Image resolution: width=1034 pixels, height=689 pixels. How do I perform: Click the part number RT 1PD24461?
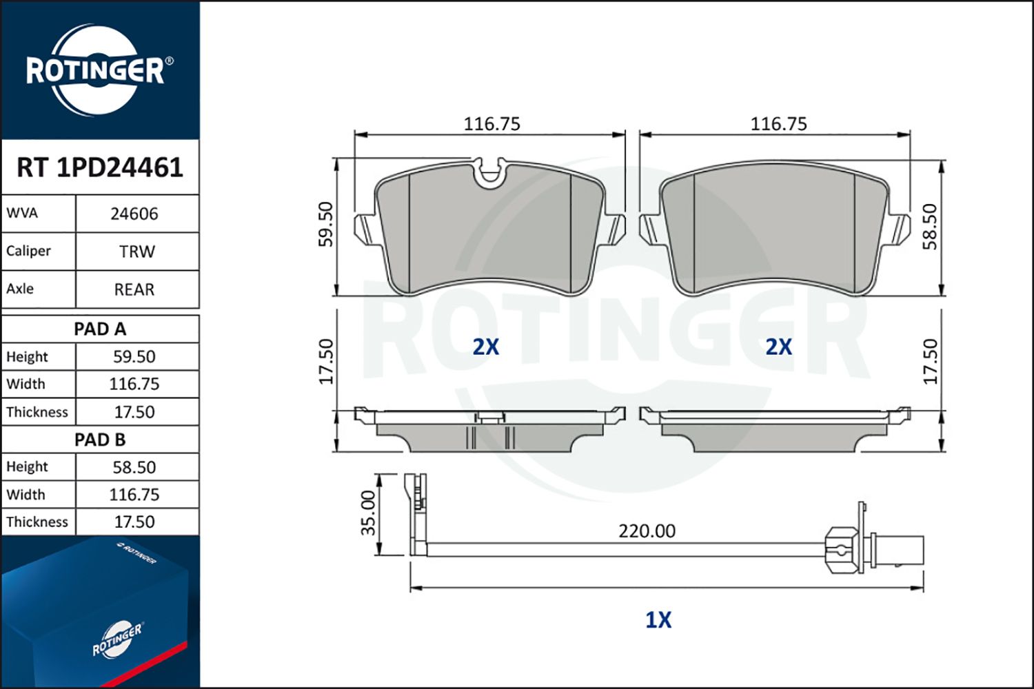pos(100,167)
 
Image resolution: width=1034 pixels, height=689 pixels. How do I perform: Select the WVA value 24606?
pos(134,214)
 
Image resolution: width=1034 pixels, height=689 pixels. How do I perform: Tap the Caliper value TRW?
pos(136,251)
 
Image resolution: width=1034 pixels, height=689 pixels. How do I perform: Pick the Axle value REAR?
pos(134,289)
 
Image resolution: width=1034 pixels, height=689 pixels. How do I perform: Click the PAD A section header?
pos(100,329)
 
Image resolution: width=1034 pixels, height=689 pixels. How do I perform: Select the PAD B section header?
pos(100,440)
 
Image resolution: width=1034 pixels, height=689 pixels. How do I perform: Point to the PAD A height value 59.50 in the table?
pos(134,357)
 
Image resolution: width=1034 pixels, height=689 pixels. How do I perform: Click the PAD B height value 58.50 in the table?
pos(134,467)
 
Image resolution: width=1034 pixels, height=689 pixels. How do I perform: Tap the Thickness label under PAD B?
pos(37,522)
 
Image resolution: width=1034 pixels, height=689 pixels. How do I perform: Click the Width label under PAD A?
pos(26,384)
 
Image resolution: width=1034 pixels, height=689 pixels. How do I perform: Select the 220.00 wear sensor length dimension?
pos(647,531)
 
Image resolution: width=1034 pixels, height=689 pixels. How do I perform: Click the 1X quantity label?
pos(658,620)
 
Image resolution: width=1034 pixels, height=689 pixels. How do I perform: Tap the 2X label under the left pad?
pos(485,347)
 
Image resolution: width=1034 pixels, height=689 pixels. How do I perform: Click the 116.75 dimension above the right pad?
pos(778,124)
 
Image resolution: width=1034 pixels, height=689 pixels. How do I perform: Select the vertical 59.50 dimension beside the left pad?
pos(326,224)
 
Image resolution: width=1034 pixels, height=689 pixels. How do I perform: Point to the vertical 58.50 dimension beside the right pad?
pos(931,226)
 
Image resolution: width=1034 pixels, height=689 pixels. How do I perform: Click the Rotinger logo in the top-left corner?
pos(95,70)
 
